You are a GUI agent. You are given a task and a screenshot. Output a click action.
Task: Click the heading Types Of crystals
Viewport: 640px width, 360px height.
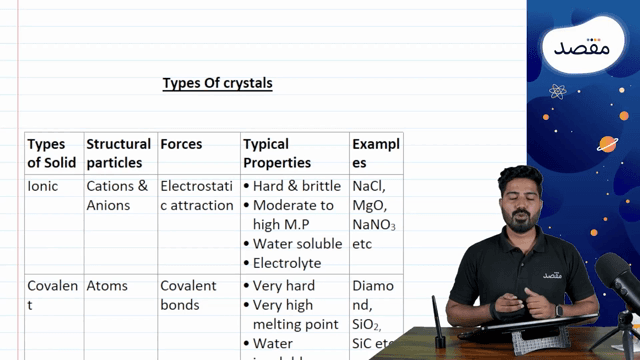(x=217, y=84)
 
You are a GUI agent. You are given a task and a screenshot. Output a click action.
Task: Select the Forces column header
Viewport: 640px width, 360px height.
(x=181, y=144)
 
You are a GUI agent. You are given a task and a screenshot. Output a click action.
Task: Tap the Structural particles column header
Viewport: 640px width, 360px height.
(x=118, y=153)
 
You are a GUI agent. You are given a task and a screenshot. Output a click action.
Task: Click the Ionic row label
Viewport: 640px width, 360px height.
(x=43, y=186)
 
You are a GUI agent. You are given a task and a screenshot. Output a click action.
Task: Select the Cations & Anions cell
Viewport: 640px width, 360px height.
(x=117, y=195)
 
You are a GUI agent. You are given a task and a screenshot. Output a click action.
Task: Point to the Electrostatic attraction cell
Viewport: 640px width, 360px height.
(x=197, y=195)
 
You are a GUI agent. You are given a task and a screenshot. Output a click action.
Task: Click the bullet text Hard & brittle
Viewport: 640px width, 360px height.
(x=296, y=186)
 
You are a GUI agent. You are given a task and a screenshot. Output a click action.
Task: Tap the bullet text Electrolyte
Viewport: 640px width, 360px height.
(x=287, y=263)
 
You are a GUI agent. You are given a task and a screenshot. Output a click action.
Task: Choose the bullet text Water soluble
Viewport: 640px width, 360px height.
(x=297, y=243)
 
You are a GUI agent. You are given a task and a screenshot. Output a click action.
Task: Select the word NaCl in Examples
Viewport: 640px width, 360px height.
(x=370, y=186)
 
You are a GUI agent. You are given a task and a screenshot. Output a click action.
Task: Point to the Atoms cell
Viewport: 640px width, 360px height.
(x=107, y=286)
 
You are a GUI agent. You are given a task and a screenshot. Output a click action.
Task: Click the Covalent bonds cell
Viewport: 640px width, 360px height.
(x=188, y=295)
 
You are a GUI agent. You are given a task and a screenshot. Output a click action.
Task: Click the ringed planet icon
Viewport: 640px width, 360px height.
(x=607, y=143)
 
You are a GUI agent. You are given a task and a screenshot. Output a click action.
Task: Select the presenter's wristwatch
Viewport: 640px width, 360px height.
(x=558, y=311)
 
